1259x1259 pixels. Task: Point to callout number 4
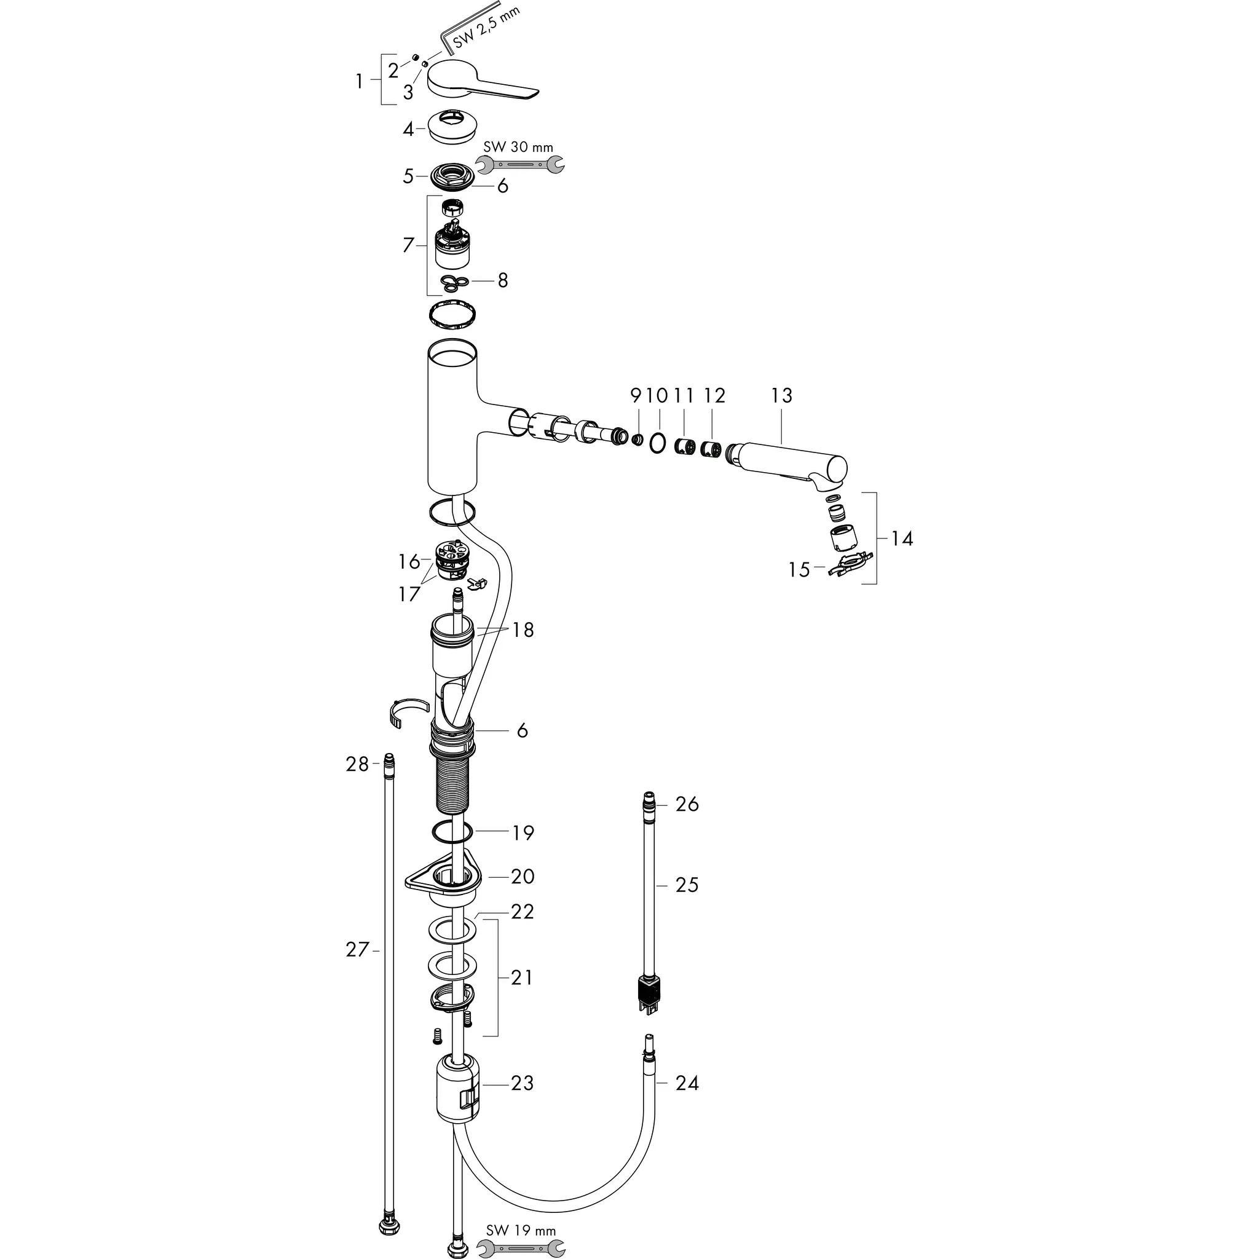(408, 130)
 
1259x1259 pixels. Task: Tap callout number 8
(502, 281)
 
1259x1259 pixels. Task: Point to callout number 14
(902, 539)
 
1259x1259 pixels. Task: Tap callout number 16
(409, 561)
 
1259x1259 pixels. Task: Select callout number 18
(523, 630)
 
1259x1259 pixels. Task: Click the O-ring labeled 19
(451, 832)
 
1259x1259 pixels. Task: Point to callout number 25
(687, 885)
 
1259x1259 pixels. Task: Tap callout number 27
(357, 950)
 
